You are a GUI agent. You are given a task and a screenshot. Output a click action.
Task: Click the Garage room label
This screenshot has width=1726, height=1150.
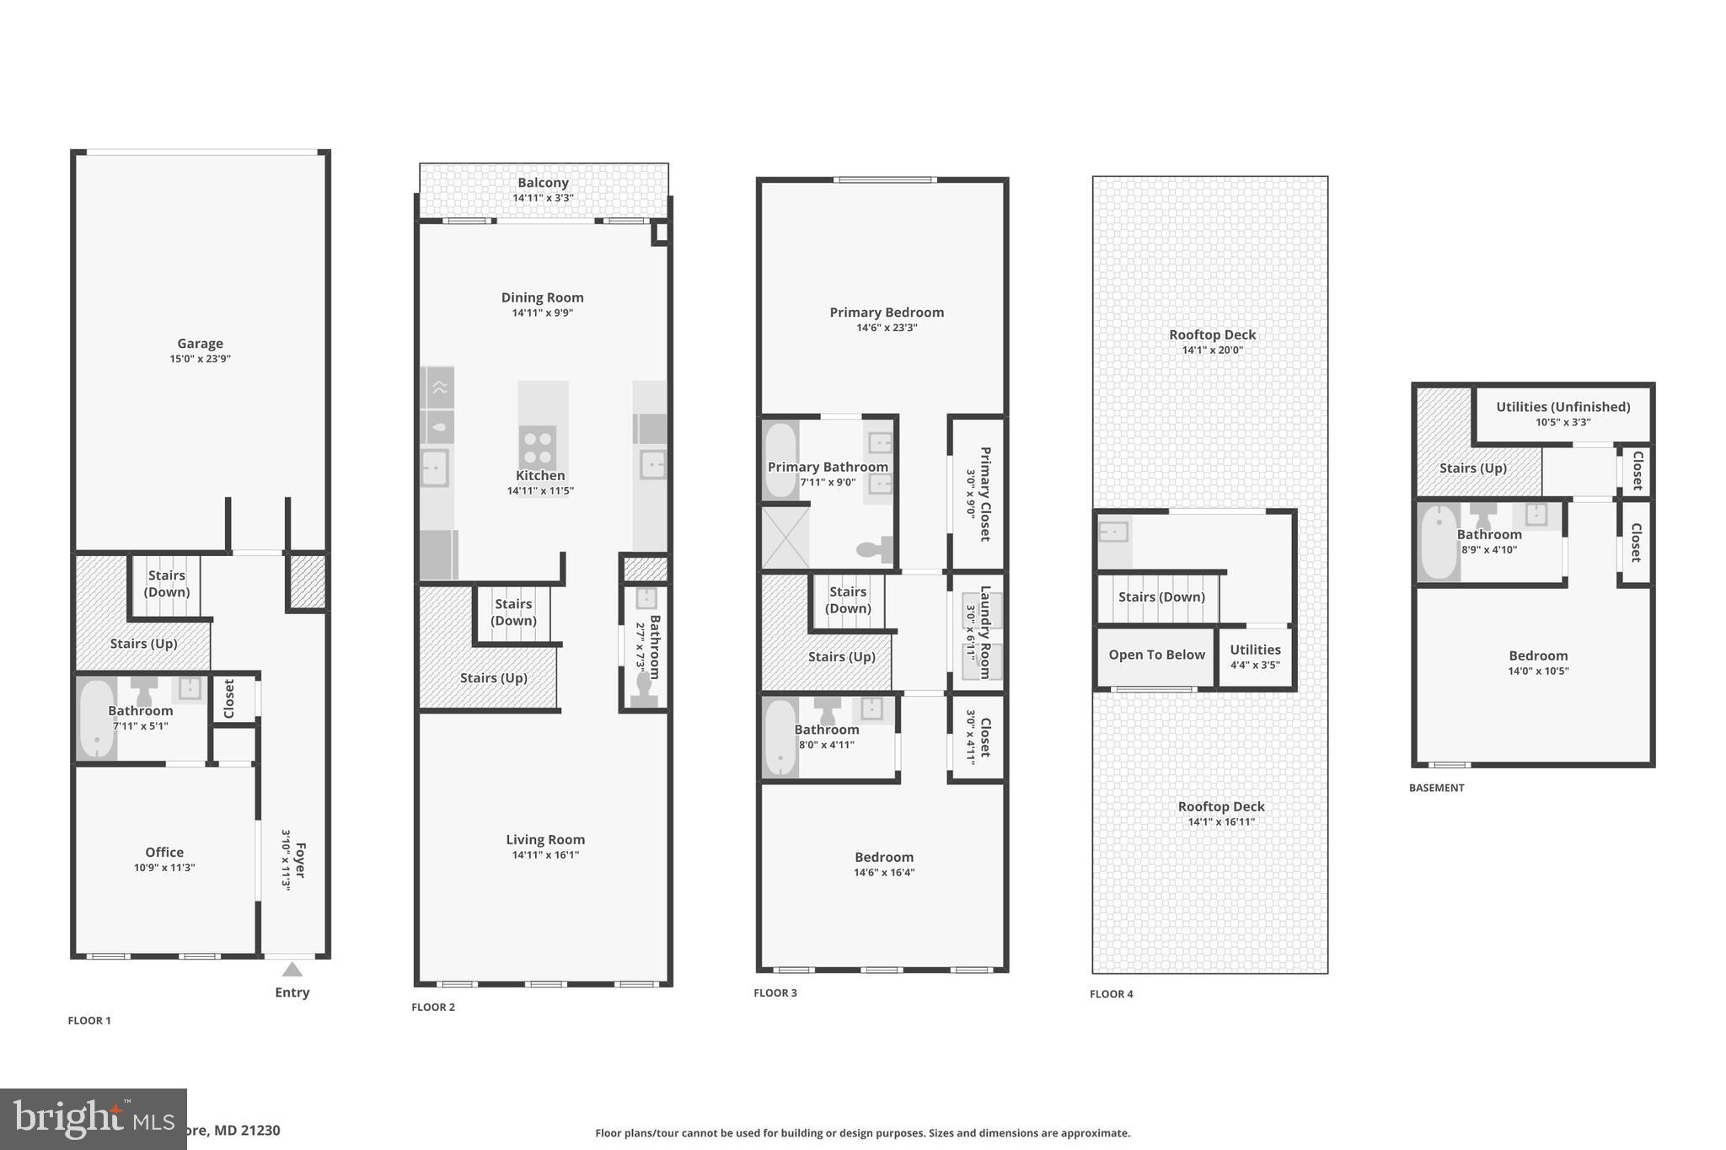click(200, 344)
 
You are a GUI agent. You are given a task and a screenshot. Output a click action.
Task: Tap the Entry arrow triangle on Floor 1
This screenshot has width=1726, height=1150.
click(292, 970)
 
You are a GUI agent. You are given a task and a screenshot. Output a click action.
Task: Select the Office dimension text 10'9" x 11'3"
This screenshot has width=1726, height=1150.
click(164, 868)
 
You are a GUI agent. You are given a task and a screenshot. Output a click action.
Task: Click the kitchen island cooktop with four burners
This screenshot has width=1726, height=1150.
click(538, 447)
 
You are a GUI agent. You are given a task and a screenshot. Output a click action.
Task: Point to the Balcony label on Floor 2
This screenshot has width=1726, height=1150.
click(543, 183)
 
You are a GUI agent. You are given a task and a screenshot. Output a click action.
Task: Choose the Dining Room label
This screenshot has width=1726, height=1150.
click(542, 297)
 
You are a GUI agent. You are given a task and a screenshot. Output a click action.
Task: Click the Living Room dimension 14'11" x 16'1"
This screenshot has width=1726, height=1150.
click(545, 855)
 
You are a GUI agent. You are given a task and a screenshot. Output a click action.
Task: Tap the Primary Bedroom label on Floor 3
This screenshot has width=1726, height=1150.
click(887, 313)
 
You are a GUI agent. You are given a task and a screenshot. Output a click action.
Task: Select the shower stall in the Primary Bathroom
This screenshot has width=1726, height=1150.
click(785, 538)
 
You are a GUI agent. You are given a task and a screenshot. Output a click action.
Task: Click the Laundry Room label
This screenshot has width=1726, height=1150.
click(984, 632)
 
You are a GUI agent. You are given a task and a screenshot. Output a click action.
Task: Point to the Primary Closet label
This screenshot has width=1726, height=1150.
click(984, 494)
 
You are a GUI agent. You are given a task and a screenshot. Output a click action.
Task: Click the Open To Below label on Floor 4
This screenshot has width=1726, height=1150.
click(1156, 655)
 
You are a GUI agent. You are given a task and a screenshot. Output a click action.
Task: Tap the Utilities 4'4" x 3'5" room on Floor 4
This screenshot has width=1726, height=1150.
click(1255, 656)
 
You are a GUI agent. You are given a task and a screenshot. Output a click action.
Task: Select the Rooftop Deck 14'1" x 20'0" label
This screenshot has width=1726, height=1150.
click(1212, 335)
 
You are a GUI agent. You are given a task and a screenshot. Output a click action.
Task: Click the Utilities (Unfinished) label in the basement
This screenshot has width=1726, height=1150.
click(1563, 407)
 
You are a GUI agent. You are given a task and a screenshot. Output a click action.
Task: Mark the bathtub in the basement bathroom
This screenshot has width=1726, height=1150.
click(1438, 542)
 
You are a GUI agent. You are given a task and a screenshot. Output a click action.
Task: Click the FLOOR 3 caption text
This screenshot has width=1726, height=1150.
click(775, 993)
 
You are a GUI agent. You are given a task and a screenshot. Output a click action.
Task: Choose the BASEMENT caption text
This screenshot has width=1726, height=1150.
click(1436, 789)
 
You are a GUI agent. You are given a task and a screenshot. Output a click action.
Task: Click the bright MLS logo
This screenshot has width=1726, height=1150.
click(93, 1119)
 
